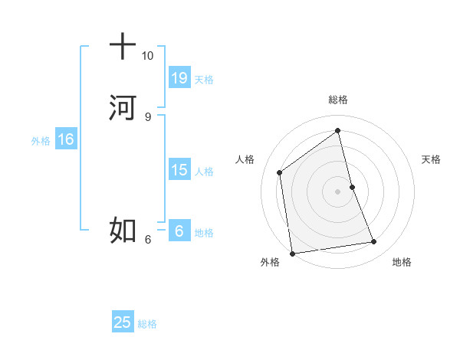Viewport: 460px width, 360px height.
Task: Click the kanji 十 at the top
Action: click(123, 46)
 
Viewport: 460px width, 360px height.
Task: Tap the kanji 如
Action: click(123, 228)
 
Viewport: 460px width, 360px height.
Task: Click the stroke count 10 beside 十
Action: click(147, 56)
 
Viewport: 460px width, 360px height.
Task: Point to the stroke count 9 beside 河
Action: click(147, 116)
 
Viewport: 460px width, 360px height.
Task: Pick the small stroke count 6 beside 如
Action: click(147, 239)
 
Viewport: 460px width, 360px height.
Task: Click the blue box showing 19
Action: click(179, 77)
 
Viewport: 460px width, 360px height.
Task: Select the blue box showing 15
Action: click(179, 169)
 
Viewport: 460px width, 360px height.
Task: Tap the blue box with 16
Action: click(65, 139)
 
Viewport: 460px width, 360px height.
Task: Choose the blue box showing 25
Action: click(123, 322)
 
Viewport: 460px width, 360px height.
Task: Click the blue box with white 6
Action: click(179, 231)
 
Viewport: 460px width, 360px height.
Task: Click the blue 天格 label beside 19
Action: click(204, 79)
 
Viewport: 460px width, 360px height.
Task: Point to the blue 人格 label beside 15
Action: click(204, 171)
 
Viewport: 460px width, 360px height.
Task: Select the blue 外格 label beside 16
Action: click(41, 140)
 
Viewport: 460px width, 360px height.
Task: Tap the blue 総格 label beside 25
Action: click(147, 324)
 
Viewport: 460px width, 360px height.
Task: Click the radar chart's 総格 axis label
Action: click(338, 100)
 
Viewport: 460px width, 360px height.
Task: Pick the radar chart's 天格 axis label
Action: click(432, 159)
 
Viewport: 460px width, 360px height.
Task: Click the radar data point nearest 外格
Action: click(292, 253)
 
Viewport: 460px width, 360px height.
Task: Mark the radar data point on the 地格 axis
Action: click(374, 242)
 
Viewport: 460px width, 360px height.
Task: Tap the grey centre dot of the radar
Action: click(338, 191)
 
